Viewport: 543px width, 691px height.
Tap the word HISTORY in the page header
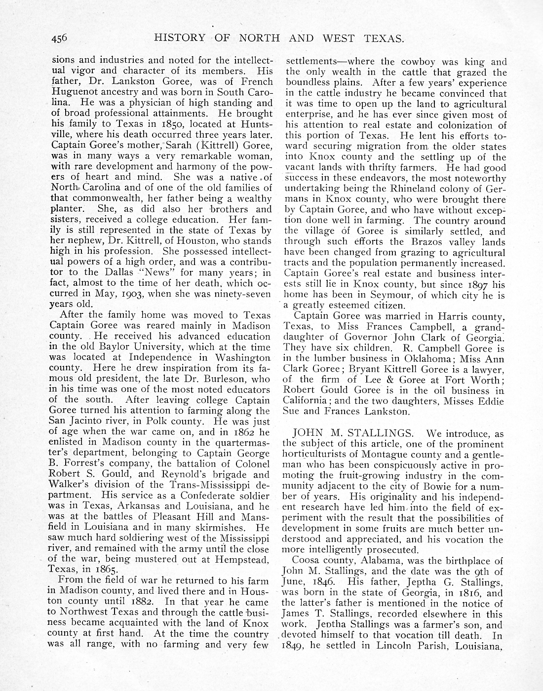pos(179,38)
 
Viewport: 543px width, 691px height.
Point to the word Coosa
pos(304,561)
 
